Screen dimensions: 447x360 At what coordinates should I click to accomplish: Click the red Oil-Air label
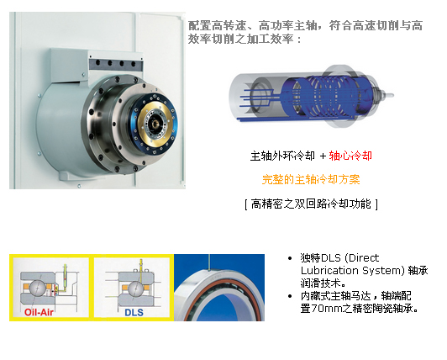click(39, 312)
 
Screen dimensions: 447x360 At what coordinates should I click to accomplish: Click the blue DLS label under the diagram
click(134, 312)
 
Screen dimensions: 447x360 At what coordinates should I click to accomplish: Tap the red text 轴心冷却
click(350, 156)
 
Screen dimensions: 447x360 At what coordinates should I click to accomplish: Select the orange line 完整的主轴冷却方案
click(311, 179)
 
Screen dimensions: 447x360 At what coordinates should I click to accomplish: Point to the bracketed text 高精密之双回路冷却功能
click(311, 204)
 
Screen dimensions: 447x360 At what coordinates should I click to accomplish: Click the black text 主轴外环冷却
click(282, 156)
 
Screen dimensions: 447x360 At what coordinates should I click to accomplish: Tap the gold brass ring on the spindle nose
click(155, 123)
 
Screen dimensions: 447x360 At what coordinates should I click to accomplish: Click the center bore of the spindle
click(155, 124)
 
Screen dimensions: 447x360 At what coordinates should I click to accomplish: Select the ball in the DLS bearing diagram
click(135, 289)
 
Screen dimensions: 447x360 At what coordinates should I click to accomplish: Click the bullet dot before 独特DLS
click(290, 258)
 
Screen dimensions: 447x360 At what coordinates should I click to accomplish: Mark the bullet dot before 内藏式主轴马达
click(290, 296)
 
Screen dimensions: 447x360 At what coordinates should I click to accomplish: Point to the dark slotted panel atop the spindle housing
click(116, 63)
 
